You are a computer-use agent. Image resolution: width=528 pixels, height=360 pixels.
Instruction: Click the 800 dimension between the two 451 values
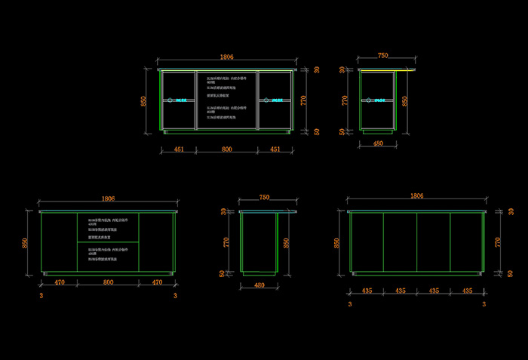coord(226,149)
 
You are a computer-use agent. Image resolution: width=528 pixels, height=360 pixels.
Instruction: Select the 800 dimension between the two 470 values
coord(107,282)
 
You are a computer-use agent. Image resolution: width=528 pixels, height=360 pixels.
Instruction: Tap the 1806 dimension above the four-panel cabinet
coord(416,195)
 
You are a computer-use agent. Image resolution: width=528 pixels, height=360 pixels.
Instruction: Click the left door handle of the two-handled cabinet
coord(170,100)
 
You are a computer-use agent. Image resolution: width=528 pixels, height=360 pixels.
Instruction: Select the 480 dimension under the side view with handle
coord(377,143)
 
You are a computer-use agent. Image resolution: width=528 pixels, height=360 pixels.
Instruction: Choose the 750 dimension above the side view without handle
coord(264,197)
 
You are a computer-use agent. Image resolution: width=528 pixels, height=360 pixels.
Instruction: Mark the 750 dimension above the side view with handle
coord(382,55)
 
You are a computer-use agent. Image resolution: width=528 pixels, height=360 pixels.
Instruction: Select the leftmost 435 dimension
coord(367,290)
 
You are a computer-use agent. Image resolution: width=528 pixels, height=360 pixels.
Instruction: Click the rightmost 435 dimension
coord(468,290)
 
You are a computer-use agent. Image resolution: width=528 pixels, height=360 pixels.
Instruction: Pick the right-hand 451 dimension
coord(275,149)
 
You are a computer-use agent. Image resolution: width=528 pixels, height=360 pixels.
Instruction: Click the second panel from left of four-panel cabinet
coord(400,242)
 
